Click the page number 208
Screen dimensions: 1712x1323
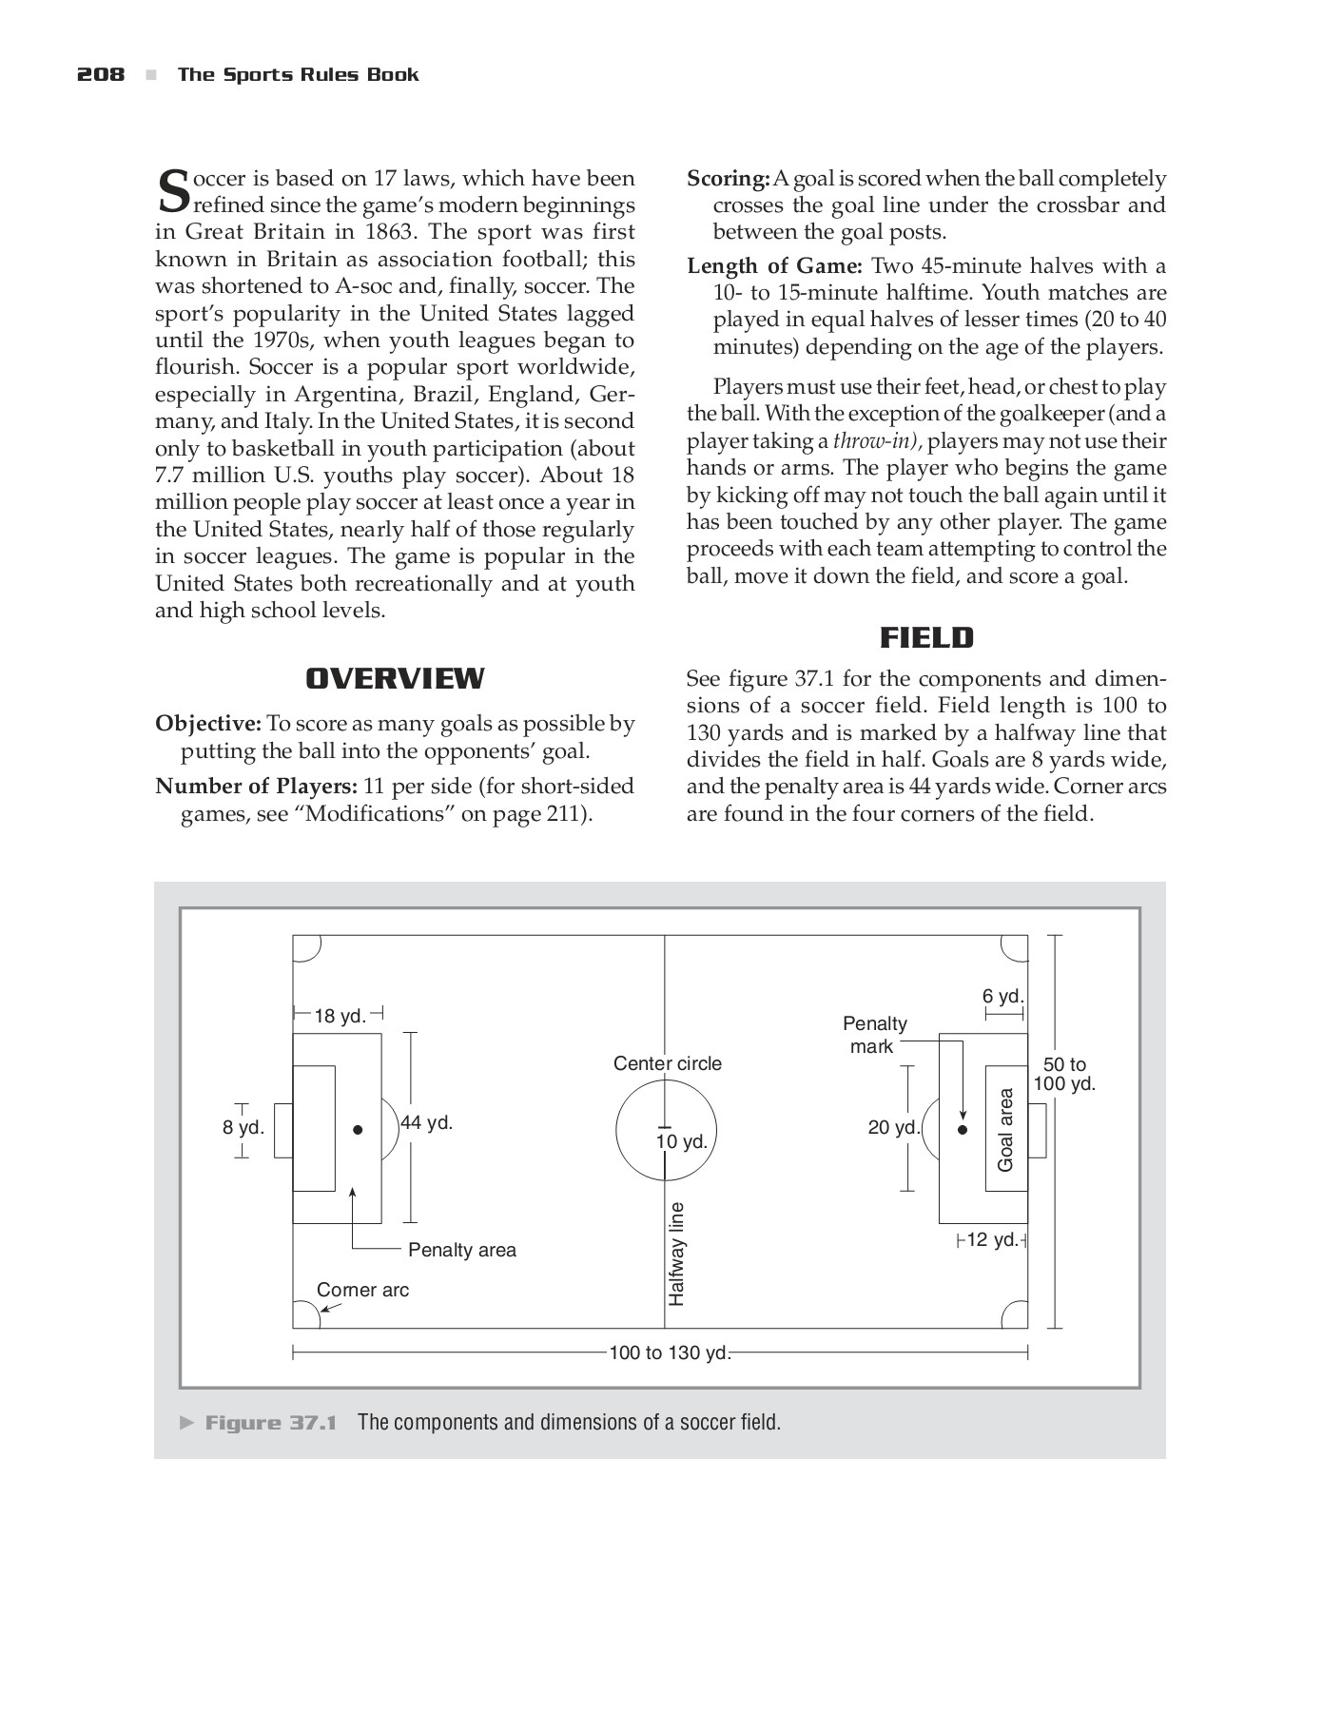[x=100, y=75]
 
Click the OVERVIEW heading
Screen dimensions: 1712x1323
[x=395, y=678]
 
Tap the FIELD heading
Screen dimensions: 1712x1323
[x=926, y=637]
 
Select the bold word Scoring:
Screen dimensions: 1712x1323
[x=728, y=179]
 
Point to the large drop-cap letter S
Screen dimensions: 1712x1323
[x=172, y=190]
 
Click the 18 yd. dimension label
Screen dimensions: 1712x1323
[x=340, y=1016]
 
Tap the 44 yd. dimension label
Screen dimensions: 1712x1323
[x=426, y=1122]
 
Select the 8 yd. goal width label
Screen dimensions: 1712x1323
[x=243, y=1128]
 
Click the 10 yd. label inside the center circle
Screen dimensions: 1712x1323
[x=682, y=1141]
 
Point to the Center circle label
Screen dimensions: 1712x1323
[x=667, y=1063]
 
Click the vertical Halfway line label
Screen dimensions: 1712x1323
[x=676, y=1254]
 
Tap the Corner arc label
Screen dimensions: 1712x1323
[x=362, y=1290]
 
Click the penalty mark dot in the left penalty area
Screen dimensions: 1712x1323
[x=358, y=1130]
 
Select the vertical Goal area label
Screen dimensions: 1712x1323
[x=1005, y=1130]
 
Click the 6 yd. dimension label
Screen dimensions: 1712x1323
[x=1002, y=996]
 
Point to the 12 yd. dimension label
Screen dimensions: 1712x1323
[x=991, y=1239]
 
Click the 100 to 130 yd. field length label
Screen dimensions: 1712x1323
[x=669, y=1352]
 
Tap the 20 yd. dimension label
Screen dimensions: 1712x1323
[x=893, y=1128]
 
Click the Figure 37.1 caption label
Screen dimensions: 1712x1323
[x=271, y=1423]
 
